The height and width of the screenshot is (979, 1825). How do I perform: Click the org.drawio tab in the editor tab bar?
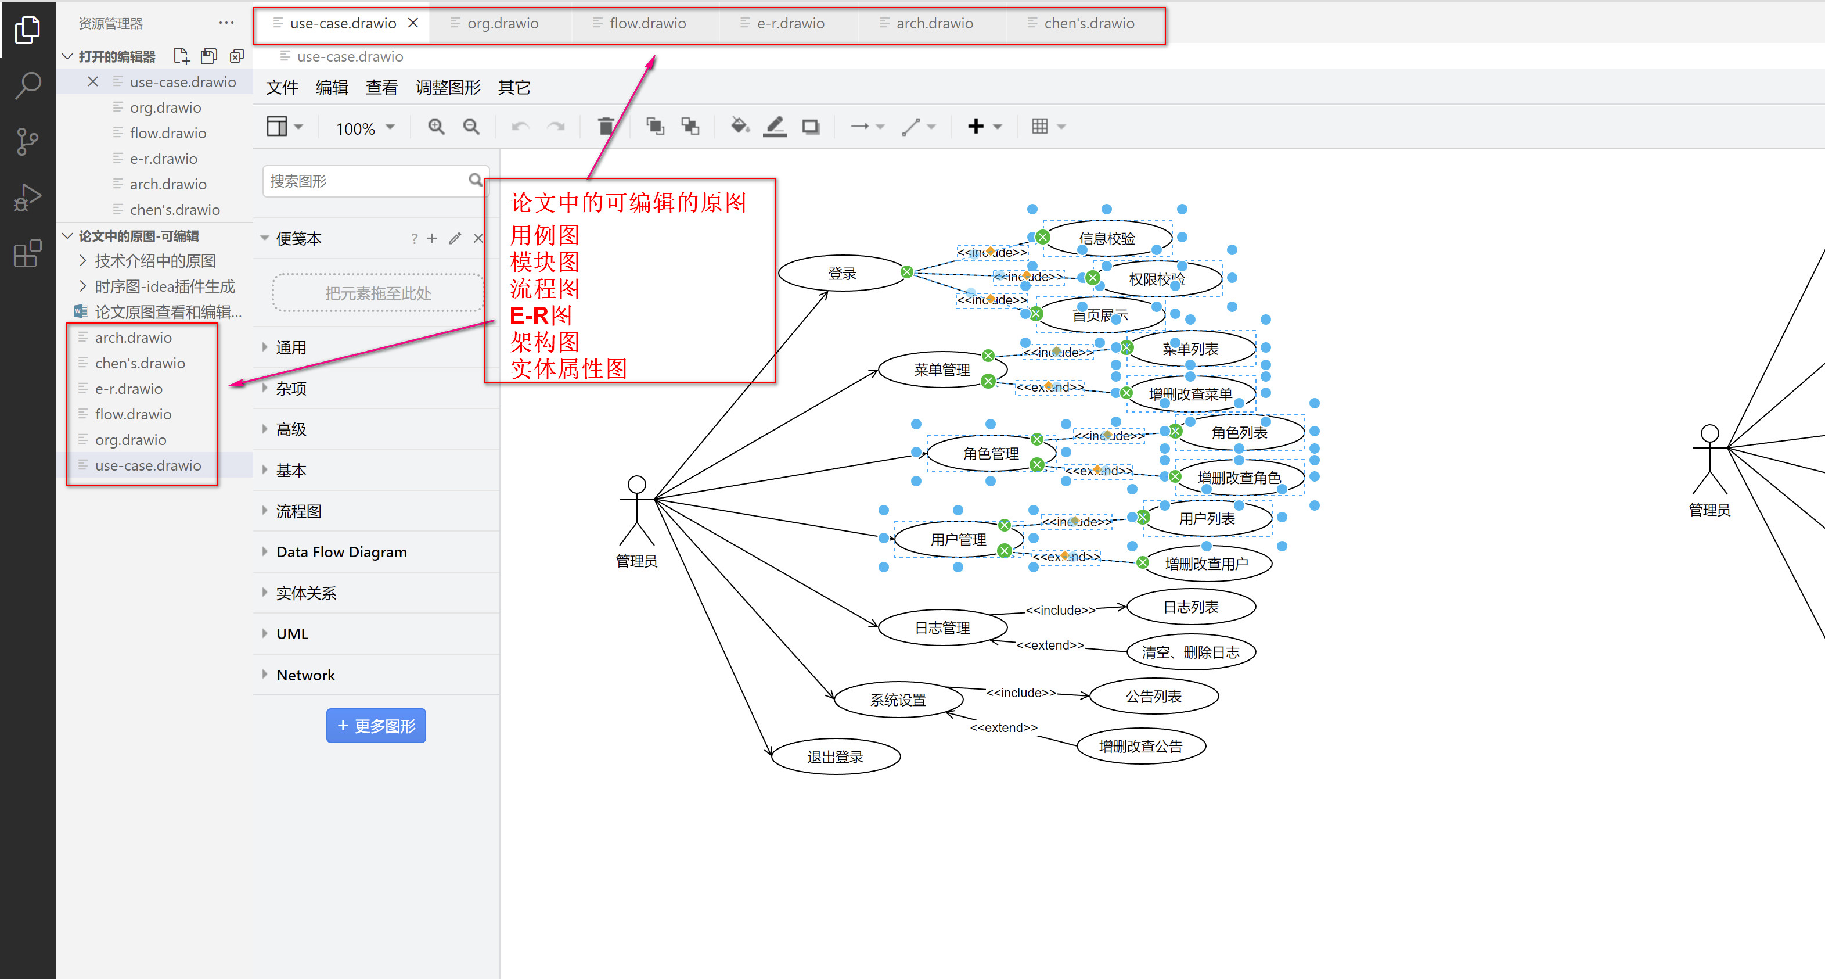tap(502, 23)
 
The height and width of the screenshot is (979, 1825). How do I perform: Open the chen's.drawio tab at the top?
tap(1088, 23)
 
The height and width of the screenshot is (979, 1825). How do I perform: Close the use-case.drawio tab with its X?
tap(413, 23)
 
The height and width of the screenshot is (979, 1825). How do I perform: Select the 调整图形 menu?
tap(448, 87)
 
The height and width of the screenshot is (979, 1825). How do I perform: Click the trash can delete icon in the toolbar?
tap(606, 127)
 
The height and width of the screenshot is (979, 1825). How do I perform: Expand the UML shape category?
tap(292, 634)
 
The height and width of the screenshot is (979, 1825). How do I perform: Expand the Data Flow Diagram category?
tap(341, 551)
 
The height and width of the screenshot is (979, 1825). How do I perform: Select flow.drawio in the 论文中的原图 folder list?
tap(133, 414)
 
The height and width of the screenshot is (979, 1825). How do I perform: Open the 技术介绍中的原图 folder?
tap(154, 261)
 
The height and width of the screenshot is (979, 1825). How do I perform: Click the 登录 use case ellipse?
tap(841, 274)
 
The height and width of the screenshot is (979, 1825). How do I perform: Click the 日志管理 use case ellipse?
tap(942, 628)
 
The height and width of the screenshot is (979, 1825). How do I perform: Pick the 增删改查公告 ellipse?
tap(1140, 746)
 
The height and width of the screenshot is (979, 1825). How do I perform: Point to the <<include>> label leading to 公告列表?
tap(1020, 693)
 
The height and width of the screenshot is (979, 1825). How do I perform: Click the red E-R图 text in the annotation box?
tap(541, 315)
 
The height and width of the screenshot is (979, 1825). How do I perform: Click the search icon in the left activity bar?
tap(28, 85)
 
